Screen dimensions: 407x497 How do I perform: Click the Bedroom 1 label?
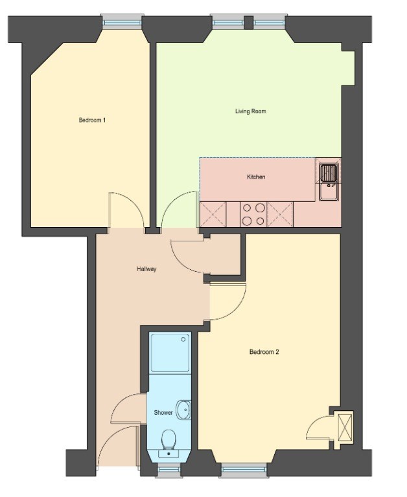[92, 120]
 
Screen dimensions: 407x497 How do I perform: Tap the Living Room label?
[250, 111]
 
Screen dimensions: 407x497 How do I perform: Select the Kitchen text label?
[256, 177]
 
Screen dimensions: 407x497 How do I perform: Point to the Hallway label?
[146, 269]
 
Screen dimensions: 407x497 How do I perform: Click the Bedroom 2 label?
[264, 352]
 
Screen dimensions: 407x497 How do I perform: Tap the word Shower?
[163, 413]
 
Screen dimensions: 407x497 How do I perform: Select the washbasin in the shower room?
[184, 410]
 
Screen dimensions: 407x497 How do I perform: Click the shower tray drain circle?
[183, 340]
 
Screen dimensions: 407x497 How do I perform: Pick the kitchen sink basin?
[329, 192]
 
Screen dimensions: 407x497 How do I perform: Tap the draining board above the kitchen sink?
[329, 172]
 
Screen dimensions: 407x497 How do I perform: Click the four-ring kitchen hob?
[253, 215]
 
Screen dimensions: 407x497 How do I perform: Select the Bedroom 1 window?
[122, 23]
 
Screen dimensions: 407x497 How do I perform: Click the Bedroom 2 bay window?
[243, 469]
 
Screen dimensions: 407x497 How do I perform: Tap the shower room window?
[169, 469]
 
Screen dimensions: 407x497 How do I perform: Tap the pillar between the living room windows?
[249, 22]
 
